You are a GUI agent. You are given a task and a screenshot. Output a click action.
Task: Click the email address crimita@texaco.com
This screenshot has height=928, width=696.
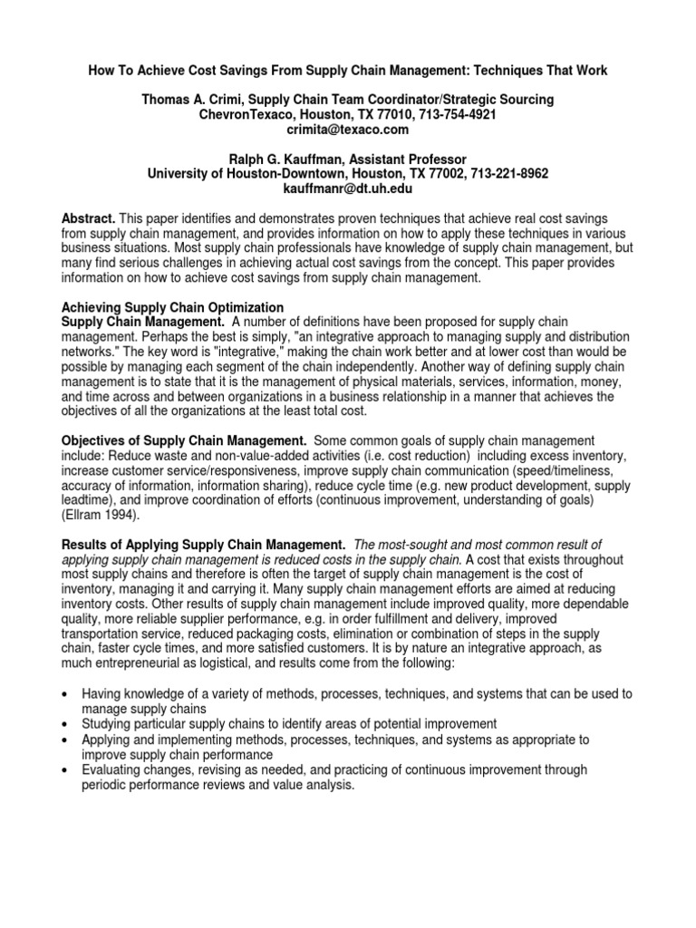pos(348,130)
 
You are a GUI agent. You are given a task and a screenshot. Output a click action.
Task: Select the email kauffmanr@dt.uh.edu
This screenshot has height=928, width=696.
pos(348,188)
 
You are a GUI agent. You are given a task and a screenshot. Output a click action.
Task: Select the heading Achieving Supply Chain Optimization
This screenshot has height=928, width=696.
pos(172,307)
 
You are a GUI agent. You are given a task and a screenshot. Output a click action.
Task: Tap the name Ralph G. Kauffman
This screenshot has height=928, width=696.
pos(227,159)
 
